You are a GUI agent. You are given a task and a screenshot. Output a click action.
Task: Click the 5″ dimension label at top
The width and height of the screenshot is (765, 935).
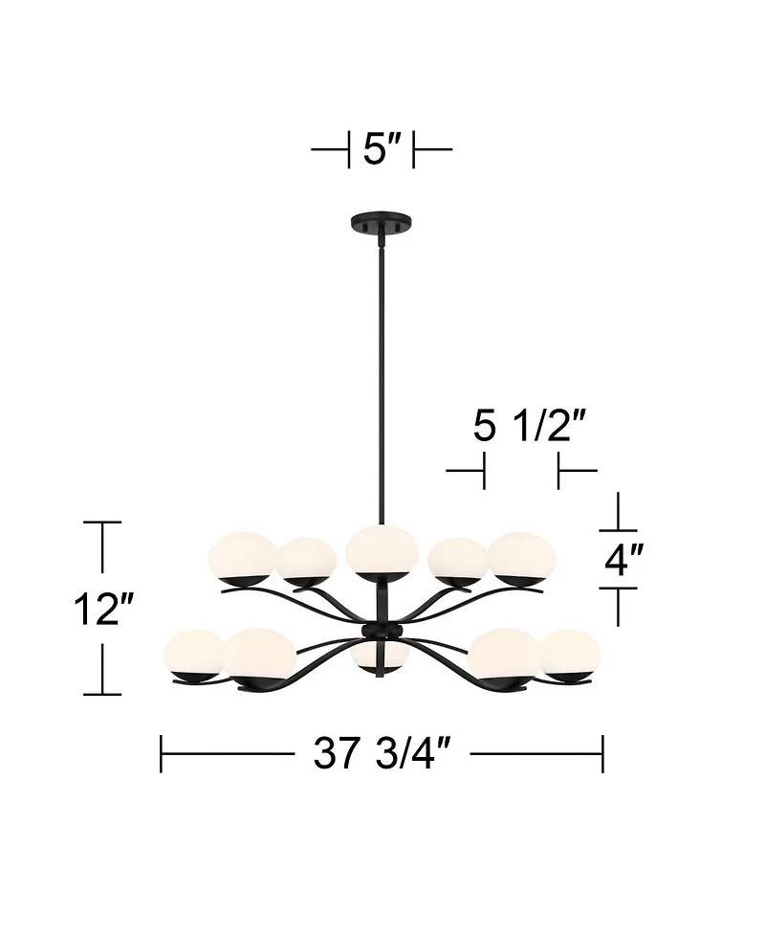(x=381, y=150)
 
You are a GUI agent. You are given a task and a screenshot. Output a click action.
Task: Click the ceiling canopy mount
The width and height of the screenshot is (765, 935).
(x=381, y=222)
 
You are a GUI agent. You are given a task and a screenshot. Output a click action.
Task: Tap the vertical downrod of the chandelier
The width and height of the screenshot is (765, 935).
(x=381, y=383)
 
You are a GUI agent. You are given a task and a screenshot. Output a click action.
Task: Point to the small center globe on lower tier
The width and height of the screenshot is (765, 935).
(x=381, y=657)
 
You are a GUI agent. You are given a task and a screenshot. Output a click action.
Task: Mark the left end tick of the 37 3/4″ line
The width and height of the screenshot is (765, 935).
(x=161, y=754)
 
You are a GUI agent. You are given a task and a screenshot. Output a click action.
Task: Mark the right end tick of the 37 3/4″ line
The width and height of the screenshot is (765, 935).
(x=602, y=754)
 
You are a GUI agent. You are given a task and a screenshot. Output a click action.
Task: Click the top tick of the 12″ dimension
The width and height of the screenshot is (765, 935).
(x=102, y=523)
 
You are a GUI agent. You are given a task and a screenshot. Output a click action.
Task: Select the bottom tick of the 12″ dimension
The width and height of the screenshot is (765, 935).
(x=102, y=695)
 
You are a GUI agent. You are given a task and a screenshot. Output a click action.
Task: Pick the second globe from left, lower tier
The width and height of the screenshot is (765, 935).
(x=261, y=653)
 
